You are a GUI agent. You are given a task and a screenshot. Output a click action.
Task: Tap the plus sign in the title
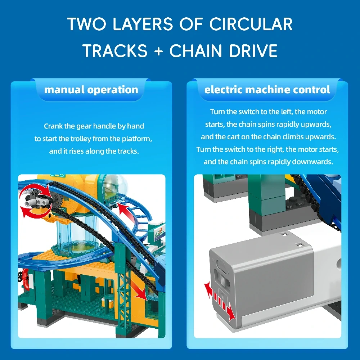click(x=158, y=51)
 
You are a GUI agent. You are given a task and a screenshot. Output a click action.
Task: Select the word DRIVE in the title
click(x=253, y=50)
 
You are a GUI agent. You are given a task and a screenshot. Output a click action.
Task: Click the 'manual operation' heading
click(x=91, y=90)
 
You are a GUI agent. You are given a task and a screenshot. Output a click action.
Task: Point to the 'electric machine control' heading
click(x=267, y=90)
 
